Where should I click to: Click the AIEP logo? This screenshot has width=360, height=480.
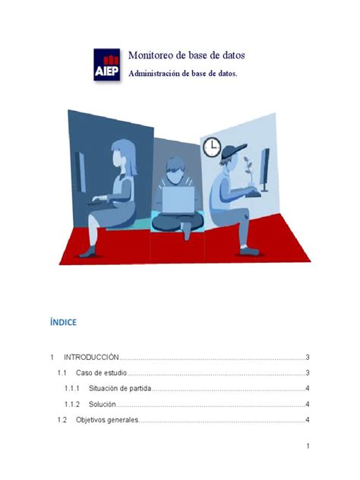[x=106, y=65]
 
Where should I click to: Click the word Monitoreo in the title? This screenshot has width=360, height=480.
[x=152, y=55]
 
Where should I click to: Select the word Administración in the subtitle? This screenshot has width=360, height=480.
[x=159, y=74]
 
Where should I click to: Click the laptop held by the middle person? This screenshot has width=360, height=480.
[x=179, y=199]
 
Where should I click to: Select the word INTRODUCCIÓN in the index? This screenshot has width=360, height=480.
[x=92, y=357]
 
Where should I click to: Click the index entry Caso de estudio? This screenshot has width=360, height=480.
[x=101, y=373]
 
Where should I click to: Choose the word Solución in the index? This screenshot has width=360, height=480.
[x=102, y=405]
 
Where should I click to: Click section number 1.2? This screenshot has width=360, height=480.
[x=62, y=421]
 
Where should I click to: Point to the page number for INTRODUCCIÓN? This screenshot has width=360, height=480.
[x=307, y=357]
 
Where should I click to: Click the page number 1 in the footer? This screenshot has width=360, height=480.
[x=307, y=447]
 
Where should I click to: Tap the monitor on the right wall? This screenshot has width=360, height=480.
[x=265, y=169]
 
